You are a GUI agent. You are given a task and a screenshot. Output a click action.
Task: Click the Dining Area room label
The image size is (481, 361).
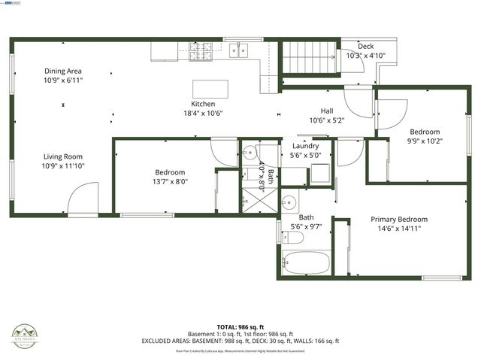63,71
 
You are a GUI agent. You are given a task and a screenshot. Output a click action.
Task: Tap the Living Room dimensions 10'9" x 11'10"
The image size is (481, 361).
63,165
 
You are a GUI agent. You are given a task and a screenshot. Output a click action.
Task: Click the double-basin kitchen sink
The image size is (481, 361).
240,50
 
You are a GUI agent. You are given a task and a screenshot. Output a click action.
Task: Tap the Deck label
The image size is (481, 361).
365,47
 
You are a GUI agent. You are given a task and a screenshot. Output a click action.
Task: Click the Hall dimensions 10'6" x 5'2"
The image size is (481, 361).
326,120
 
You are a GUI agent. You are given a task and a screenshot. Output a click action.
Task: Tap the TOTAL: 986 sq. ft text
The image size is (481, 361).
240,326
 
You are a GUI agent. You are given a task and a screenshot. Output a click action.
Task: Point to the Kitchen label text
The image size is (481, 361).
203,104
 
